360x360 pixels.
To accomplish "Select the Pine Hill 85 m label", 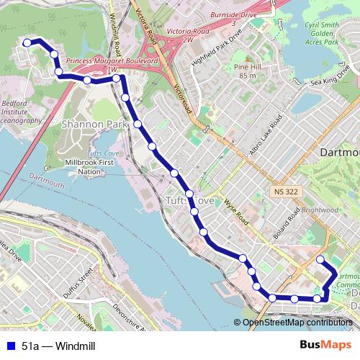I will [245, 71].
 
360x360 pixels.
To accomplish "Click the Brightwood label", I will [320, 210].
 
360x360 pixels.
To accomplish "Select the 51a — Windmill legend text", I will [58, 346].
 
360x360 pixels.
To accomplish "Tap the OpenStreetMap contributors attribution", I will [297, 322].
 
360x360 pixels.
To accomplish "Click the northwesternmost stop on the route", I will [27, 43].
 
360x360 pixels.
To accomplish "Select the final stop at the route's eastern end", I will [321, 259].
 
